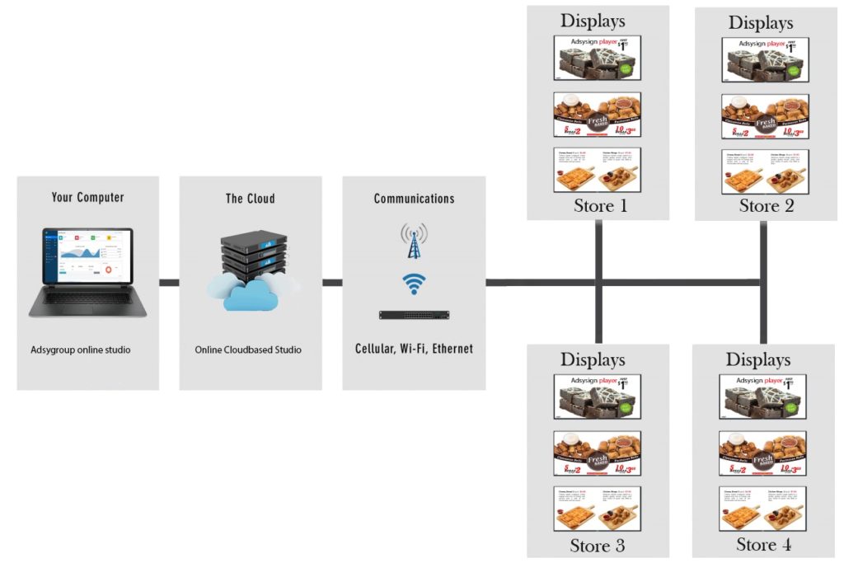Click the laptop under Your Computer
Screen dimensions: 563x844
pos(87,272)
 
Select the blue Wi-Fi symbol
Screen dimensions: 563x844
pos(414,284)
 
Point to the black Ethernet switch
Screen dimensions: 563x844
pos(414,315)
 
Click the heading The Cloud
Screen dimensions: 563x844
pos(250,199)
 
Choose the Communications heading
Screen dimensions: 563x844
pos(414,199)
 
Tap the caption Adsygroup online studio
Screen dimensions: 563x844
pos(81,350)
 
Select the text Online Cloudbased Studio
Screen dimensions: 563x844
pos(248,350)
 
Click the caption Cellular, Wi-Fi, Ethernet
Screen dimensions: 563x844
pos(414,349)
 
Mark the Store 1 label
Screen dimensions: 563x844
pos(600,206)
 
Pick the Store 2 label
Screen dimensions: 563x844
pos(767,206)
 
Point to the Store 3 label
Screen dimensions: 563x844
pos(597,546)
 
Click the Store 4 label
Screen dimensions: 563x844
pos(763,545)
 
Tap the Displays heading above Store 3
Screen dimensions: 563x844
pos(593,359)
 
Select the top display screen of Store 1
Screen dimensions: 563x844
pos(598,59)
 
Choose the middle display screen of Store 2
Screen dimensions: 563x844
pos(766,116)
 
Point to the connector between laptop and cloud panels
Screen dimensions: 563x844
pos(169,283)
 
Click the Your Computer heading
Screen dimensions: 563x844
pos(87,198)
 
